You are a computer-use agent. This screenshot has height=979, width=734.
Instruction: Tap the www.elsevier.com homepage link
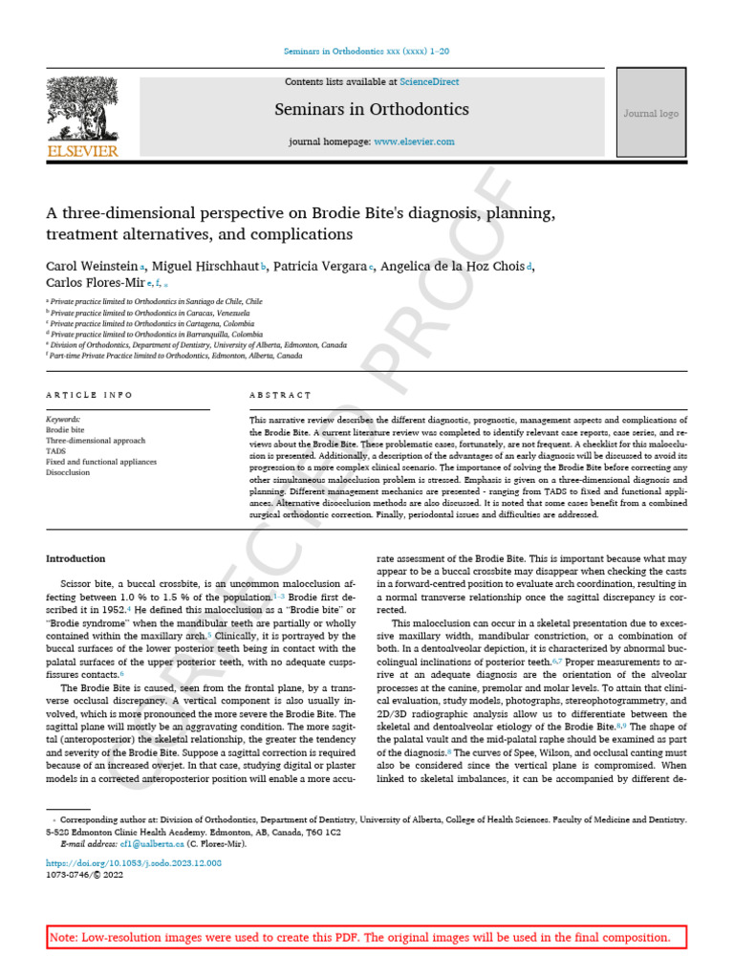point(414,141)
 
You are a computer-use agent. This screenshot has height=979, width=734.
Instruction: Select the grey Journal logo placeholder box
point(651,114)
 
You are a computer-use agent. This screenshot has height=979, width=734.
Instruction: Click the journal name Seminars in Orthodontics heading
point(372,109)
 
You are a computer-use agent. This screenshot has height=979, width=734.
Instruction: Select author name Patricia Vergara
point(320,266)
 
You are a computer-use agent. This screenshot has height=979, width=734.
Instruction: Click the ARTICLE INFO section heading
point(90,395)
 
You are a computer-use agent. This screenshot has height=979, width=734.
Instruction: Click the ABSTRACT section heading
point(280,395)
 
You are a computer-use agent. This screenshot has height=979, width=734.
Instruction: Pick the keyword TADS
point(57,451)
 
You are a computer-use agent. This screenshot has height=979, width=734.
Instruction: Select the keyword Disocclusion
point(69,472)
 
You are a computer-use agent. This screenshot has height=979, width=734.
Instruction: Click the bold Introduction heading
point(76,558)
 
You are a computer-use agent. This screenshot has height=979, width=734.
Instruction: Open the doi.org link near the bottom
point(134,862)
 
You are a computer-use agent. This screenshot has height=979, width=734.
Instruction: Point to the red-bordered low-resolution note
point(367,937)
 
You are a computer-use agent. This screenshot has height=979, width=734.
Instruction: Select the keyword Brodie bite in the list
point(65,430)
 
